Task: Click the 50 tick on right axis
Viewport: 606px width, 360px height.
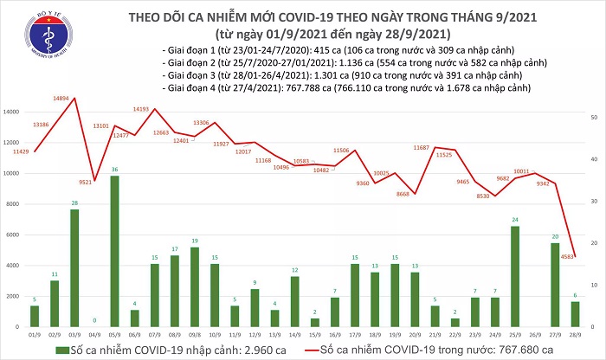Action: (593, 117)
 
